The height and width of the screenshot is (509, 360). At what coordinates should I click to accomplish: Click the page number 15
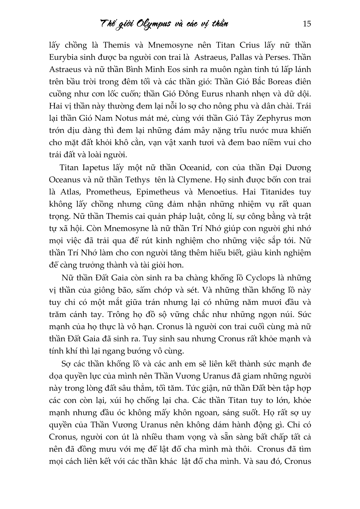coord(306,24)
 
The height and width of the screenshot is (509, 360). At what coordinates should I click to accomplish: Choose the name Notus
coord(135,119)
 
